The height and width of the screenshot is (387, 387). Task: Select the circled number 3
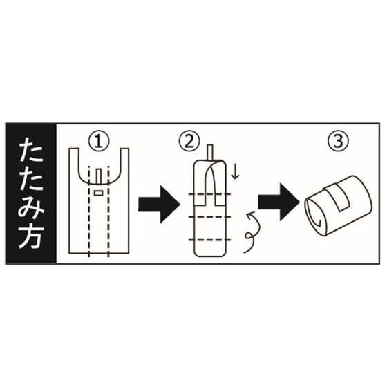pos(338,141)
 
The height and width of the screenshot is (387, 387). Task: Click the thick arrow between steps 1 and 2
pos(159,205)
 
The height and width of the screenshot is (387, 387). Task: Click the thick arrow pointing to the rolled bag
pos(279,202)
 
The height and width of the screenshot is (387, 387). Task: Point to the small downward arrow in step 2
pos(236,172)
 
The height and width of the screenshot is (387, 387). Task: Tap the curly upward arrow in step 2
pos(252,232)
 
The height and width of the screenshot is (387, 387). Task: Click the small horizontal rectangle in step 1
pos(98,193)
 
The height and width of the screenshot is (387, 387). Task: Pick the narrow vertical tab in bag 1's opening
pos(99,176)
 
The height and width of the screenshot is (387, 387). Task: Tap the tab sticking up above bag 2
pos(210,153)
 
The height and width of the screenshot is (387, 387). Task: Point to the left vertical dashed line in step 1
pos(89,211)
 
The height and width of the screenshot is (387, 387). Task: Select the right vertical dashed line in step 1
pos(108,211)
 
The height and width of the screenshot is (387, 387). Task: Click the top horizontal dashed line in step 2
pos(210,194)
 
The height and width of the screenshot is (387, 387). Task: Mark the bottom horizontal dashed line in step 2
pos(210,240)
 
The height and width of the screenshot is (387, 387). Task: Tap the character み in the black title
pos(31,207)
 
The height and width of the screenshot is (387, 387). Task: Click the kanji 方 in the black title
pos(31,236)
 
